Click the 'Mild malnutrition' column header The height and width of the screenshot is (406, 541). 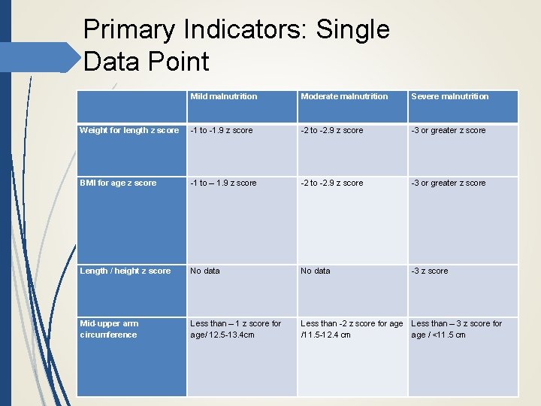pyautogui.click(x=223, y=96)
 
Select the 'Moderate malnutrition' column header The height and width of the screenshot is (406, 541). pyautogui.click(x=344, y=96)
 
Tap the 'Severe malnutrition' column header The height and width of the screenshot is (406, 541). pyautogui.click(x=449, y=96)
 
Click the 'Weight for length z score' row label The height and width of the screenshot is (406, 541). pyautogui.click(x=129, y=130)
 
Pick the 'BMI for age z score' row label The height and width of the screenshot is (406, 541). pyautogui.click(x=118, y=183)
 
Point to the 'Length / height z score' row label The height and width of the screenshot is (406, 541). pyautogui.click(x=125, y=271)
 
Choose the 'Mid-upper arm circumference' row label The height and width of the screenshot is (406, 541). pyautogui.click(x=109, y=329)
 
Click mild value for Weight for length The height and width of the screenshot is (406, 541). pyautogui.click(x=221, y=130)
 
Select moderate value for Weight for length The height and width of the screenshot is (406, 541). pyautogui.click(x=331, y=130)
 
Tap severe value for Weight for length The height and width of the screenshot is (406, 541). pyautogui.click(x=448, y=130)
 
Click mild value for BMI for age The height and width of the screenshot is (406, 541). pyautogui.click(x=223, y=183)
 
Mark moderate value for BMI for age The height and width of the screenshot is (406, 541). pyautogui.click(x=331, y=183)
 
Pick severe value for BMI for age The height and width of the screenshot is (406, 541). pyautogui.click(x=448, y=183)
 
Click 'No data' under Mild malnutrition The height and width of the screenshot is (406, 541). pyautogui.click(x=205, y=271)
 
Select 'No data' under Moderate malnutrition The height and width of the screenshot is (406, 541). pyautogui.click(x=315, y=271)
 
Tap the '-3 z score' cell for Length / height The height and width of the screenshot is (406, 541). pyautogui.click(x=429, y=271)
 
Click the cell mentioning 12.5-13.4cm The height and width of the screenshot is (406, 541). pyautogui.click(x=235, y=329)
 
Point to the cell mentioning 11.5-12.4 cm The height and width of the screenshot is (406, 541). pyautogui.click(x=352, y=329)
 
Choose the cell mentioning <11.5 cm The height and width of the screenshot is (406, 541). pyautogui.click(x=456, y=329)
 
